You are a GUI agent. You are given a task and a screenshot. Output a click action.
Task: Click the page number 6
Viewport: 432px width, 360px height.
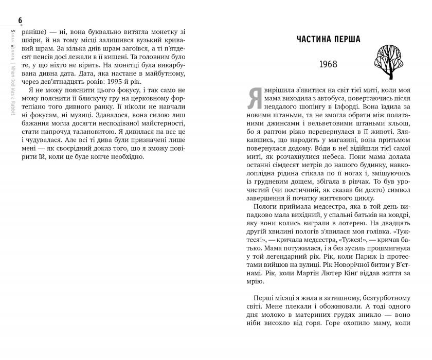coord(20,21)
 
